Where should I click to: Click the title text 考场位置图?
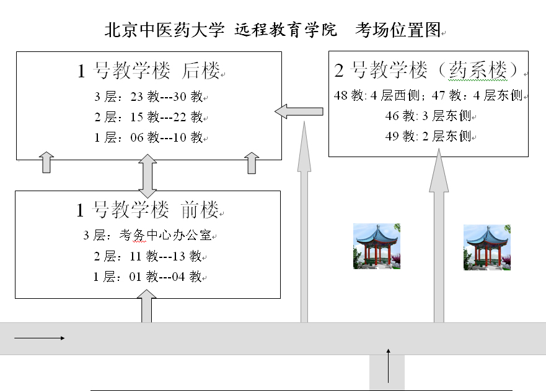(398, 30)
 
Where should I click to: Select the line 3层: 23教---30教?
(148, 97)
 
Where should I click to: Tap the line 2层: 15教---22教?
(148, 117)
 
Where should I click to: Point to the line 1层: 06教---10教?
(148, 137)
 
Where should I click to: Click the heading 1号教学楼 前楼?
(148, 210)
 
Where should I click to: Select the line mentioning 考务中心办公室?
(148, 235)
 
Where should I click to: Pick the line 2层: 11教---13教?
(148, 256)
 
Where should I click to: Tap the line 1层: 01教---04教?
(148, 277)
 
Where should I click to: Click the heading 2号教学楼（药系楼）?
(427, 69)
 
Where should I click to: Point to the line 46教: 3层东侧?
(428, 116)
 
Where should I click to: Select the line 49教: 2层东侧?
(428, 136)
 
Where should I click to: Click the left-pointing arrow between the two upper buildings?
(299, 111)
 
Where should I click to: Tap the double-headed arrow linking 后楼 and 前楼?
(148, 176)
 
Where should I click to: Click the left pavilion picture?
(377, 246)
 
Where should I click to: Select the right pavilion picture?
(487, 247)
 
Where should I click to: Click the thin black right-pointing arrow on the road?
(39, 338)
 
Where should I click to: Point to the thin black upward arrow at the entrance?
(388, 366)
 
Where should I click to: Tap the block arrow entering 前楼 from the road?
(147, 306)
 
